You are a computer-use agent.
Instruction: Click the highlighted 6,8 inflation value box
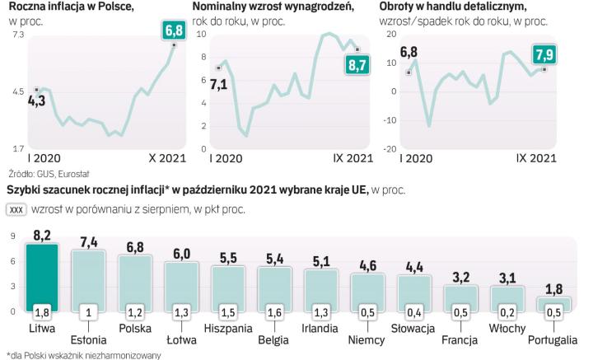(x=174, y=31)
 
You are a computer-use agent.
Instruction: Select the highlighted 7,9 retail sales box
(x=544, y=56)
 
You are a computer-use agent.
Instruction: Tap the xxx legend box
(x=16, y=209)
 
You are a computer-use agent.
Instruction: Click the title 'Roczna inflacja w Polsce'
(x=62, y=7)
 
